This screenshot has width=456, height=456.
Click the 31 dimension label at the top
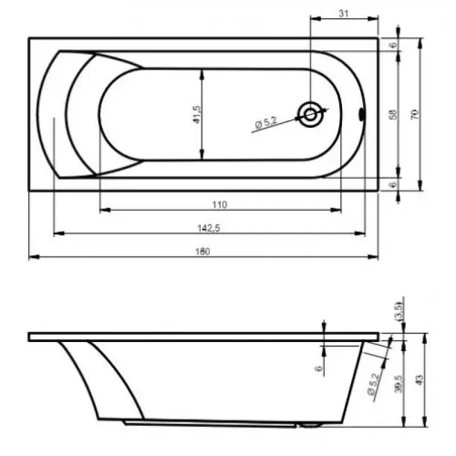344,13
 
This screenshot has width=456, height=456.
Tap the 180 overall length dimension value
202,251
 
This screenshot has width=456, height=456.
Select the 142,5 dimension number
209,229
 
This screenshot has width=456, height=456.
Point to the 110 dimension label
219,205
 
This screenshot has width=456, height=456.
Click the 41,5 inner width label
197,115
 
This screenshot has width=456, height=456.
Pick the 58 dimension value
393,115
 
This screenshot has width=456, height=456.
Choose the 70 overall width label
415,114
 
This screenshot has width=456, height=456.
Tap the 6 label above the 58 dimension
393,45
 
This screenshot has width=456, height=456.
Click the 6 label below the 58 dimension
393,185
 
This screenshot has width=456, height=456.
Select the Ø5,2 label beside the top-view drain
266,123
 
